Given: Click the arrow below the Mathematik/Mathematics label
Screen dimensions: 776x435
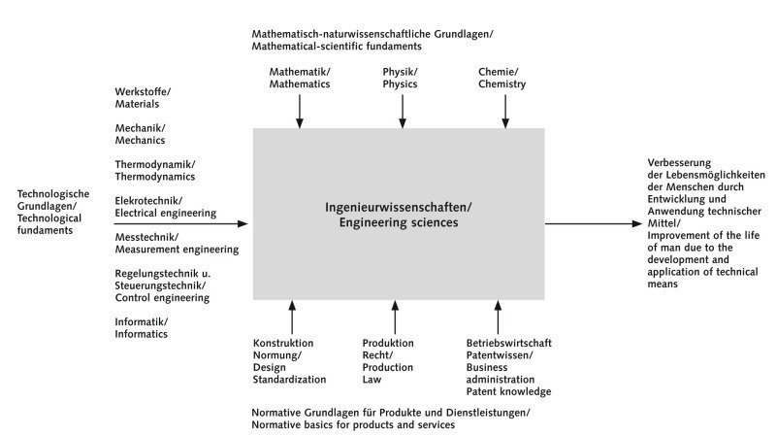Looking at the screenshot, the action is tap(300, 112).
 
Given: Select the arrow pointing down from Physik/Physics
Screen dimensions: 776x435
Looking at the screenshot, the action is tap(403, 112).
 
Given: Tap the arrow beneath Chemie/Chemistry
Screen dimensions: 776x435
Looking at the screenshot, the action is tap(505, 112).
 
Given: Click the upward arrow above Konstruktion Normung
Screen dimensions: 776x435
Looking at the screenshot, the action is tap(292, 318).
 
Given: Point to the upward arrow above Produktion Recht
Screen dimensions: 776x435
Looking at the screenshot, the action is tap(395, 318).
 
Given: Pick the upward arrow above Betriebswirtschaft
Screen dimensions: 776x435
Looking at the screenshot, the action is tap(498, 318).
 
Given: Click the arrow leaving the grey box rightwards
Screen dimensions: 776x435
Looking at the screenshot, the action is tap(594, 224).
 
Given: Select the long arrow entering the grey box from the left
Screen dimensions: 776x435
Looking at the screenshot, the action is tap(181, 224).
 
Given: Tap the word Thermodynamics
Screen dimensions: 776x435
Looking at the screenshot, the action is tap(155, 177).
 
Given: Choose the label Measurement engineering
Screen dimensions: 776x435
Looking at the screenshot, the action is tap(177, 250).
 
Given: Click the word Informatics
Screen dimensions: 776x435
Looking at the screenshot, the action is tap(141, 334).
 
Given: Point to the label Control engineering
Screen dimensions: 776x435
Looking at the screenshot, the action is tap(162, 298).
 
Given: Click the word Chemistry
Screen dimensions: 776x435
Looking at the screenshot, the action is tap(501, 84).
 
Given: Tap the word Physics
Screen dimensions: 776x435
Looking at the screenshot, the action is tap(400, 84).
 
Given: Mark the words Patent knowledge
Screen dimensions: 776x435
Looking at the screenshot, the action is tap(508, 392).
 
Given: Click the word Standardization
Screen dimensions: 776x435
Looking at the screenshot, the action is tap(289, 380).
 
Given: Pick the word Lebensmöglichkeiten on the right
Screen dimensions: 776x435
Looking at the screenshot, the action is tap(716, 175).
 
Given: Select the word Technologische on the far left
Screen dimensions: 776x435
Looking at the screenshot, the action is tap(53, 194).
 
